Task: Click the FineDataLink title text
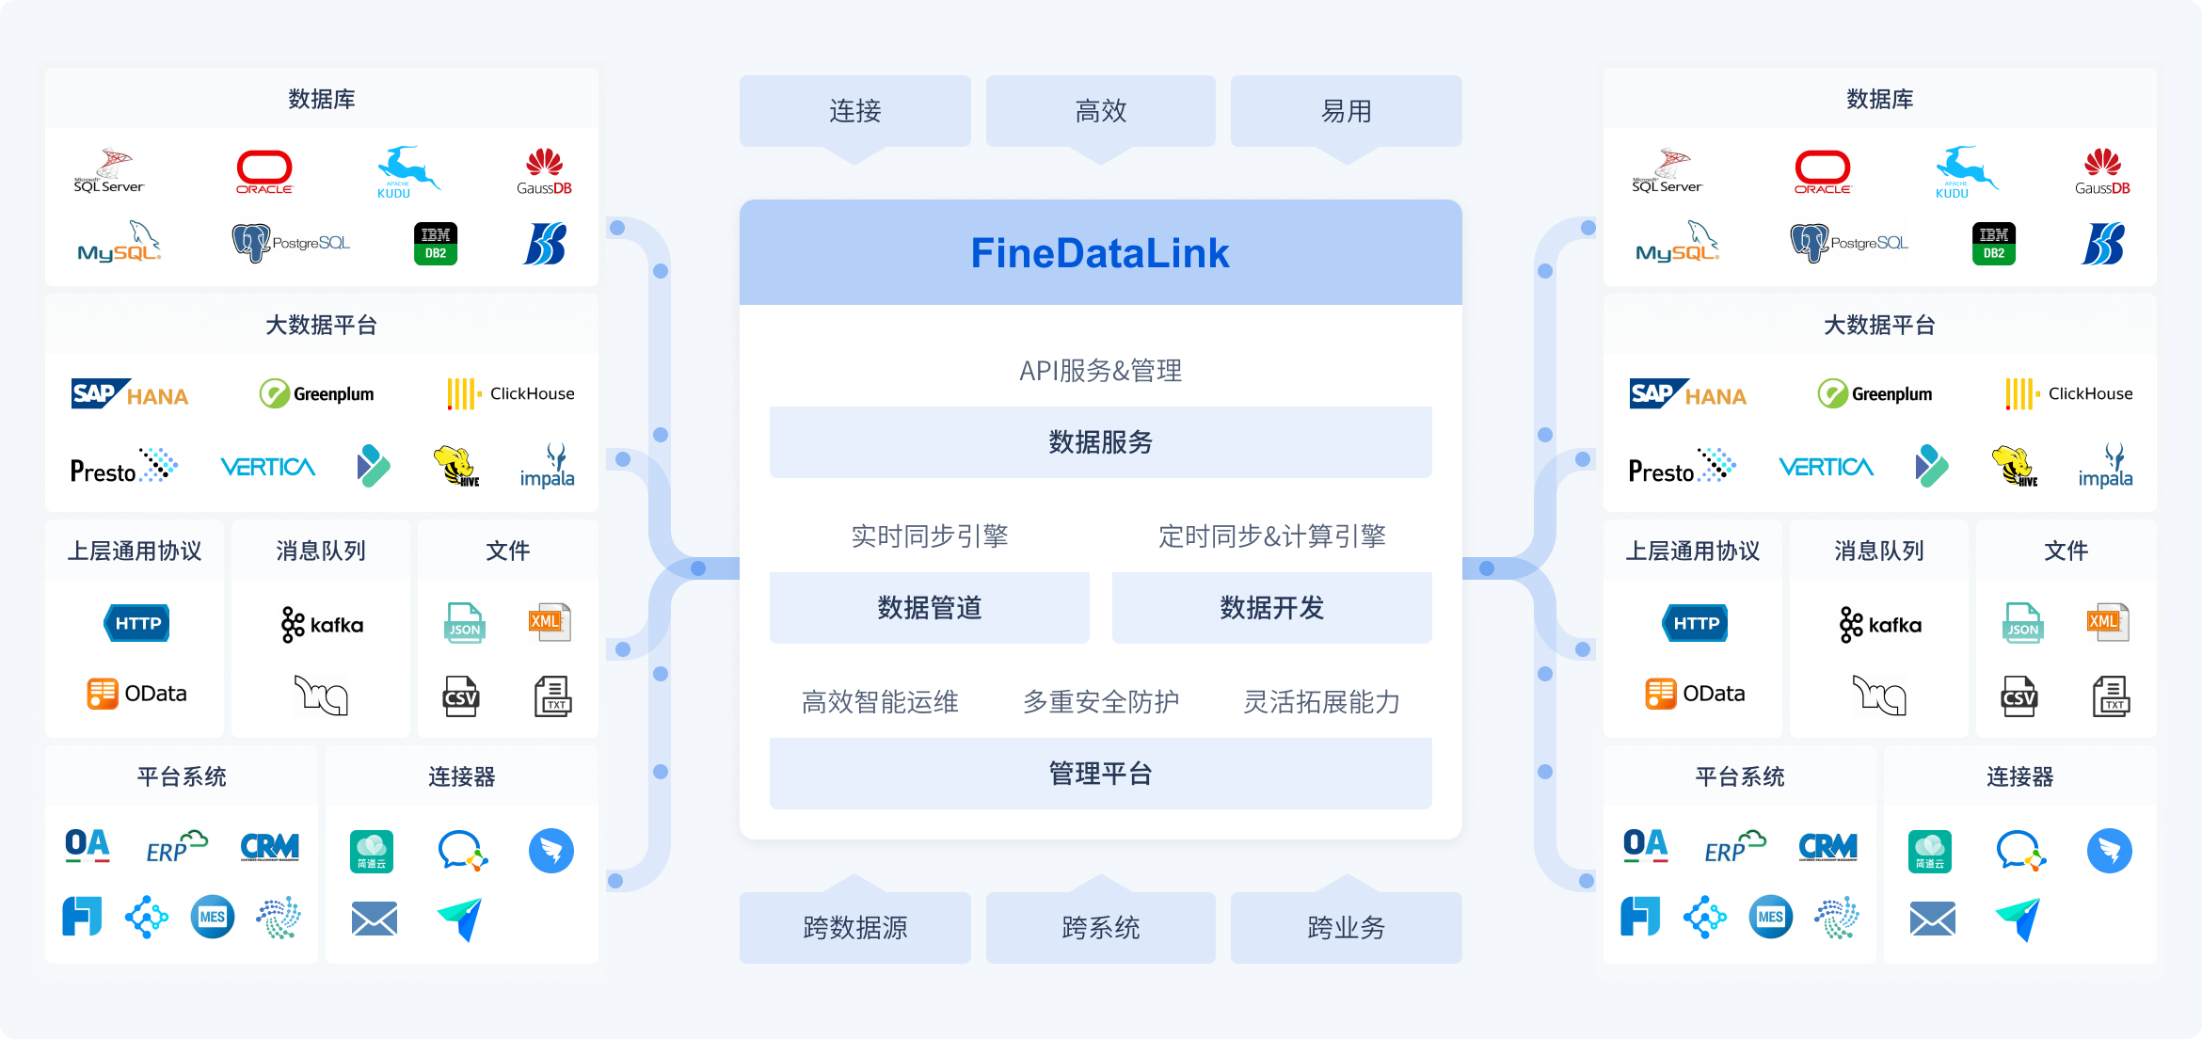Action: [x=1100, y=253]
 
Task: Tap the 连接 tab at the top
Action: [x=854, y=111]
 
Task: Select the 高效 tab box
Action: [x=1100, y=111]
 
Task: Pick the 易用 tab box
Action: [x=1346, y=111]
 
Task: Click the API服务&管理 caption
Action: [x=1100, y=371]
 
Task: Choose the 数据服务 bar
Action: [x=1100, y=442]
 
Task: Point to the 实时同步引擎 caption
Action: [x=929, y=536]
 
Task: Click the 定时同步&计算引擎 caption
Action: [x=1271, y=536]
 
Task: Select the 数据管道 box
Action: [x=929, y=608]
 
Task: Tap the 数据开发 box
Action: [x=1271, y=608]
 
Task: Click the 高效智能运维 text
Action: [x=880, y=702]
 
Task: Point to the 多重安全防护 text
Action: [x=1100, y=702]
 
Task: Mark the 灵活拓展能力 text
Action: [x=1321, y=702]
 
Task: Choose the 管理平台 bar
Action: [x=1100, y=774]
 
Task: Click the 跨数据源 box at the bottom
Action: [x=854, y=928]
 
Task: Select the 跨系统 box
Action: [x=1100, y=928]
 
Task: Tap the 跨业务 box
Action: [x=1346, y=928]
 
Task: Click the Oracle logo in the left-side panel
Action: [x=264, y=171]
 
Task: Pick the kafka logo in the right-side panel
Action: [x=1879, y=625]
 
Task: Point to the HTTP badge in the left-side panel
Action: [x=137, y=623]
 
